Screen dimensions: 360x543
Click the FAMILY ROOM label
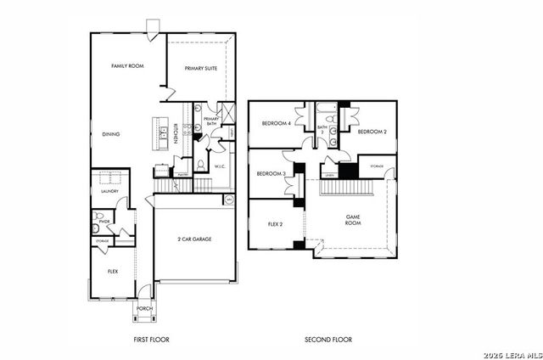tap(125, 65)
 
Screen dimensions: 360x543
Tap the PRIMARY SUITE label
tap(201, 68)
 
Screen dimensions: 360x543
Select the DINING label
tap(111, 134)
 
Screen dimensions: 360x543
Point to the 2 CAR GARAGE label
tap(195, 239)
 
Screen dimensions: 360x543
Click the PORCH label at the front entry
tap(145, 308)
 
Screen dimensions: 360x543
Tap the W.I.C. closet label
tap(219, 166)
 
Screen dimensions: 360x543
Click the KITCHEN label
tap(176, 134)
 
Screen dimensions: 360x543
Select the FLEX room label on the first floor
tap(112, 271)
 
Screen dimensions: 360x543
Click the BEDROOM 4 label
tap(276, 124)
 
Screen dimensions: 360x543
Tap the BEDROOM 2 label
tap(372, 132)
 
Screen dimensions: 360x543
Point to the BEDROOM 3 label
tap(271, 173)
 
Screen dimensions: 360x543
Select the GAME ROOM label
tap(354, 220)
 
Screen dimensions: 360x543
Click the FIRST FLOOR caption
tap(151, 339)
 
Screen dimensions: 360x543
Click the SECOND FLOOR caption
tap(328, 339)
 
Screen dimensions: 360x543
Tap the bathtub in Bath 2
tap(327, 109)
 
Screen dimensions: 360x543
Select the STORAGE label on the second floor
tap(376, 166)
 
